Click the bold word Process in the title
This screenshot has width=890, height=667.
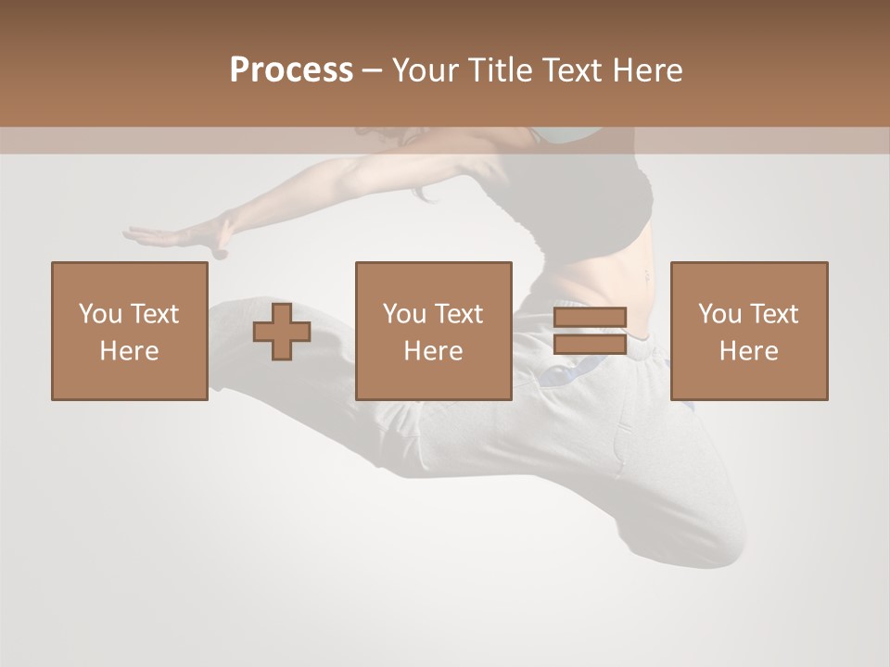point(291,70)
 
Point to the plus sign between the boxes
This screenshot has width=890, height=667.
point(282,332)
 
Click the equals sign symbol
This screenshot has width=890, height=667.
point(590,331)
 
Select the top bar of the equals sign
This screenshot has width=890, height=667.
point(590,318)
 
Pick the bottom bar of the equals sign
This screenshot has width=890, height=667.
point(590,345)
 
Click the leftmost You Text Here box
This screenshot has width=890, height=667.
point(129,331)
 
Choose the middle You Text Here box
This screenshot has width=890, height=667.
point(433,331)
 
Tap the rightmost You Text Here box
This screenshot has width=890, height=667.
point(748,331)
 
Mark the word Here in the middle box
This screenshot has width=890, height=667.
point(433,351)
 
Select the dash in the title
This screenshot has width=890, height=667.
point(373,70)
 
